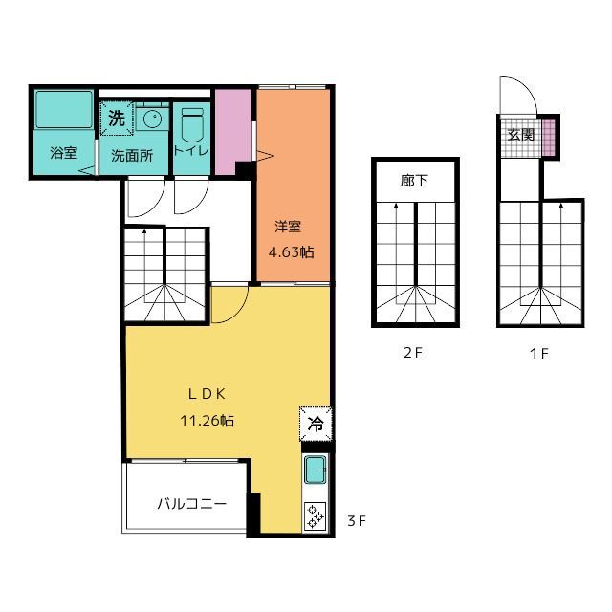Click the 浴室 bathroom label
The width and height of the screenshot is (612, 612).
[x=64, y=153]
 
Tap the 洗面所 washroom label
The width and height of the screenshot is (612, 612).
[x=132, y=155]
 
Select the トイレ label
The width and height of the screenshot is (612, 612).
[x=191, y=151]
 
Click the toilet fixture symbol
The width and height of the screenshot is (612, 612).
[x=193, y=124]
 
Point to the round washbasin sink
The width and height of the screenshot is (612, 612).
[x=152, y=119]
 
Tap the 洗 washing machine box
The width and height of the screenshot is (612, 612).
[x=117, y=119]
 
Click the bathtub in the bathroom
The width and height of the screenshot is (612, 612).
[x=64, y=109]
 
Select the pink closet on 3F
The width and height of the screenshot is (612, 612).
[x=233, y=132]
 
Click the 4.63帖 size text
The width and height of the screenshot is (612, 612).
[x=291, y=252]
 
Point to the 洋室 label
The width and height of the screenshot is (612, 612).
[x=288, y=227]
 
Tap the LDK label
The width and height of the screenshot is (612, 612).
[x=207, y=394]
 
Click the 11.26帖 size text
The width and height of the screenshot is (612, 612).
[x=207, y=421]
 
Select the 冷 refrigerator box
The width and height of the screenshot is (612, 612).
[x=316, y=424]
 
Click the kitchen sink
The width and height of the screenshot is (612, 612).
[x=316, y=470]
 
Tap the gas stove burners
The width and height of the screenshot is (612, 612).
[x=315, y=515]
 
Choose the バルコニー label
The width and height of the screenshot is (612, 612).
[x=192, y=504]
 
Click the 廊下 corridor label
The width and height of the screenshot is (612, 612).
[x=414, y=181]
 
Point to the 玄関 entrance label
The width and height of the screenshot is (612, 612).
[x=520, y=135]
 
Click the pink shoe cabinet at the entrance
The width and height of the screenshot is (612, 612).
[x=549, y=137]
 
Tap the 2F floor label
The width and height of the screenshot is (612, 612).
[x=413, y=353]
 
